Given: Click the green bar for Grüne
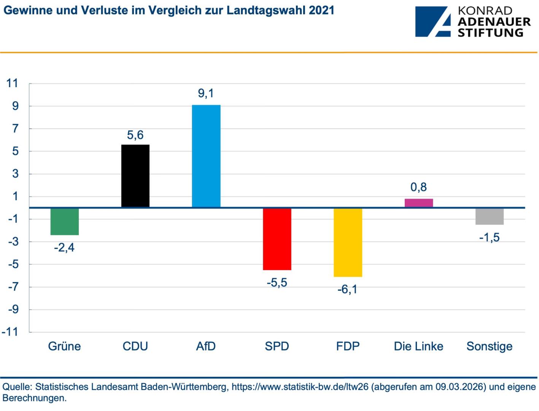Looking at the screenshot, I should pos(65,221).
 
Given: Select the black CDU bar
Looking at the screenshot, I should pos(135,176).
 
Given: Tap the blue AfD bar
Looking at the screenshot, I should pos(206,156).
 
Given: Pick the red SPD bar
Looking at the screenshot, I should pos(277,239).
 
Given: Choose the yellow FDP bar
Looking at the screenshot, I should pos(348,242).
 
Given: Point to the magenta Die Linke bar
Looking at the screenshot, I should pos(418,203).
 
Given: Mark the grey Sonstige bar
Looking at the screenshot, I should pos(489,216).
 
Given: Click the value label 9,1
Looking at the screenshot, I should pos(206,93).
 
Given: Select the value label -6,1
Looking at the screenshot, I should pos(347,290).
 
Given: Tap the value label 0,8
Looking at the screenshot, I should pos(418,187).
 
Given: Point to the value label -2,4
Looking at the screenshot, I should pos(64,248).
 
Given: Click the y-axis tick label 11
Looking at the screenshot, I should pos(13,83).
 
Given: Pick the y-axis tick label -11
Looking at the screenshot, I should pos(10,332).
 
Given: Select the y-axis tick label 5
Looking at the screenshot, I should pos(15,151).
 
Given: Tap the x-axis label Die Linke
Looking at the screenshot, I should pos(418,346).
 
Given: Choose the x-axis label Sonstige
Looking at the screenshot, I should pos(489,346).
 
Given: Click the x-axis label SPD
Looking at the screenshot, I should pos(277,346).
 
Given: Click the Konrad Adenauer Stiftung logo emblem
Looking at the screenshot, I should pos(433,22).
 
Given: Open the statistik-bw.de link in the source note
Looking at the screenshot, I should pos(300,387).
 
